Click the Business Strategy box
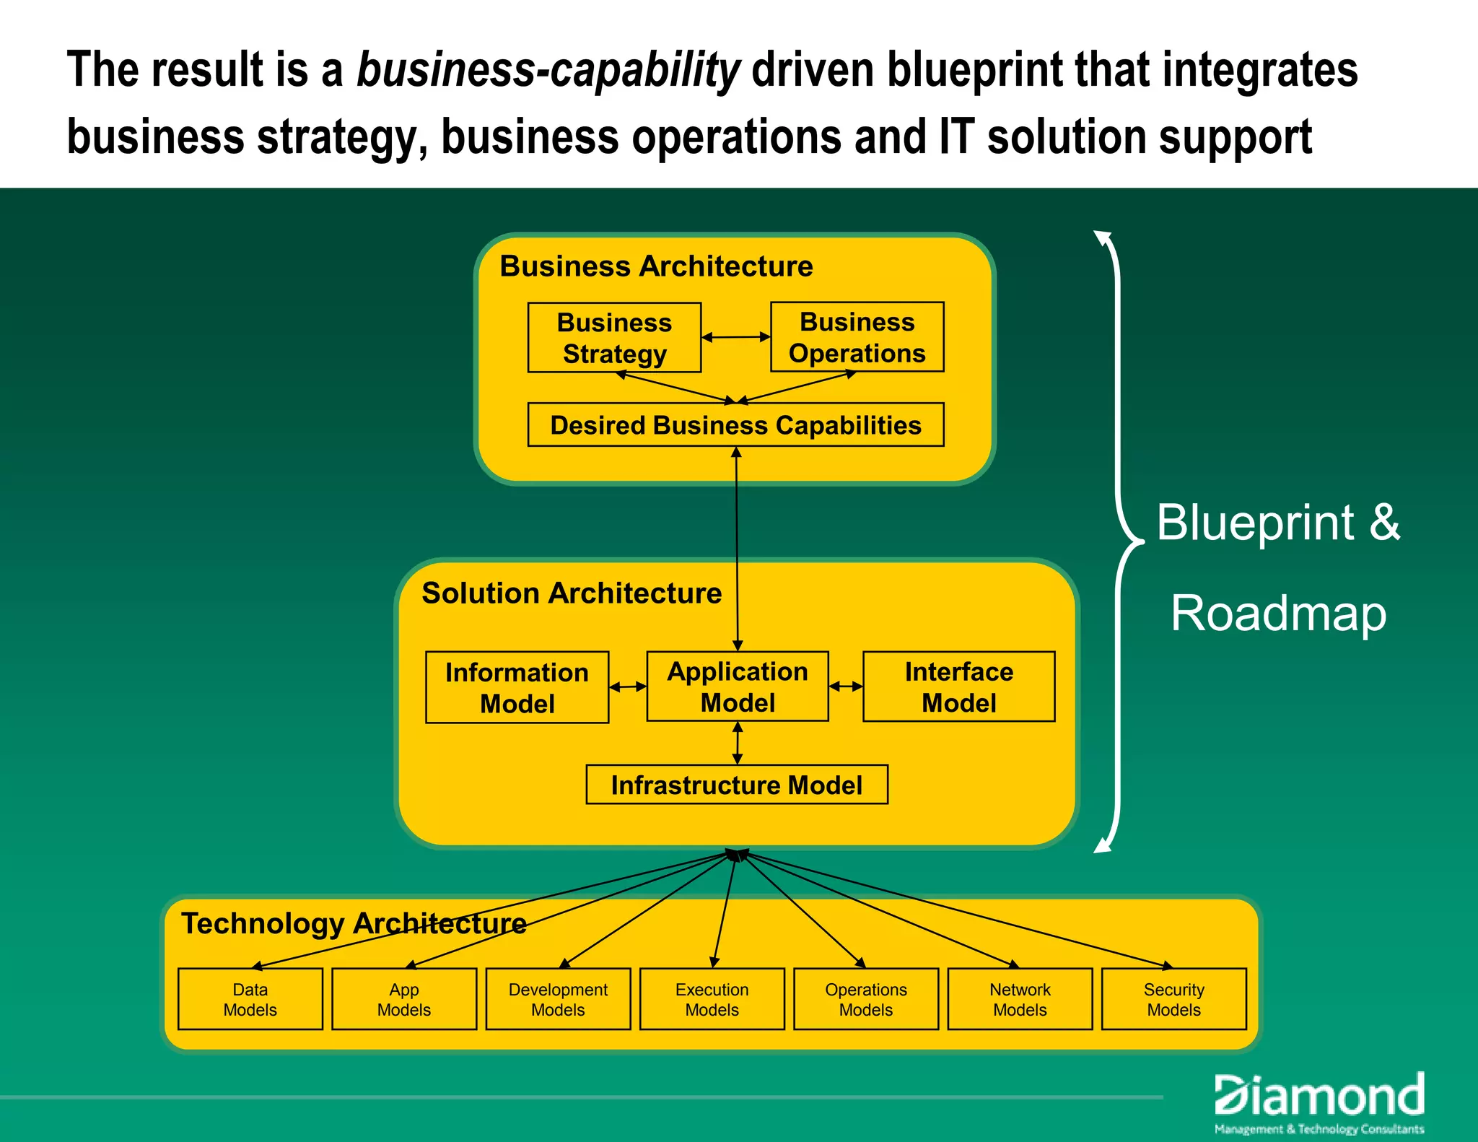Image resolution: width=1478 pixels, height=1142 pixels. [x=614, y=337]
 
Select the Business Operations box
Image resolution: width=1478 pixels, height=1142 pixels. [x=857, y=337]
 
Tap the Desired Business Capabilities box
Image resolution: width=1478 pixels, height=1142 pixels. [x=735, y=424]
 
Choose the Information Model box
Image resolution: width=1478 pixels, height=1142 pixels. [x=517, y=687]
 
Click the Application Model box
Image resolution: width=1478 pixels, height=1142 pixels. [x=737, y=686]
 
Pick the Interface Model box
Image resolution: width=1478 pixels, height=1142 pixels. [x=958, y=686]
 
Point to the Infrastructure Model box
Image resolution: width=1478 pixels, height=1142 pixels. [x=736, y=785]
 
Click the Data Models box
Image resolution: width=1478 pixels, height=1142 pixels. [x=250, y=999]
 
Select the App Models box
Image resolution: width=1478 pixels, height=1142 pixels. [x=404, y=999]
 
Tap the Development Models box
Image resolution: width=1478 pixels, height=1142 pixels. [x=558, y=999]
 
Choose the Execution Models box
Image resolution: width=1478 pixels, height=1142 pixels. [x=712, y=999]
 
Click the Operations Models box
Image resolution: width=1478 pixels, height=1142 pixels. [x=866, y=999]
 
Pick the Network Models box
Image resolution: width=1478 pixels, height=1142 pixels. [x=1020, y=999]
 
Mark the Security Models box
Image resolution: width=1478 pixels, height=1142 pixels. [x=1173, y=999]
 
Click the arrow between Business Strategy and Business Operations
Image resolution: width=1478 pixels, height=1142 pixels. [x=735, y=337]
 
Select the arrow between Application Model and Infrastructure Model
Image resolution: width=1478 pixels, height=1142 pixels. [x=737, y=743]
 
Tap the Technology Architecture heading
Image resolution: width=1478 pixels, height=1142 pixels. [x=354, y=923]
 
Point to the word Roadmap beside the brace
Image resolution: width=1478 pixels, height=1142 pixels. [x=1278, y=614]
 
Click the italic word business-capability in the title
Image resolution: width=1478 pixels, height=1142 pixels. [x=548, y=71]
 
